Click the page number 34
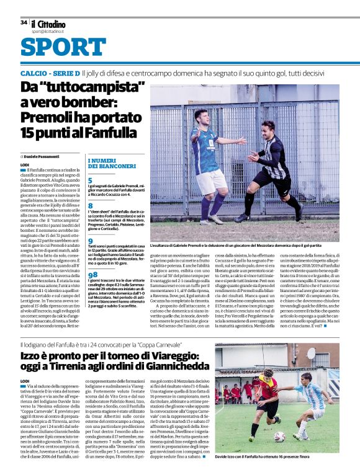[x=24, y=22]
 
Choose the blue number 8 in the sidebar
[x=91, y=205]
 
